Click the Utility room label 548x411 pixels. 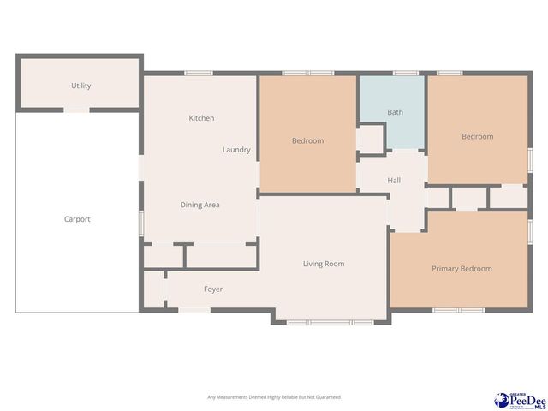coord(80,86)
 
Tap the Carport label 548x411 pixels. coord(77,219)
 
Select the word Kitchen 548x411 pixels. coord(201,118)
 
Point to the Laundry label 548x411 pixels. coord(236,150)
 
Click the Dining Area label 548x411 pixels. coord(200,205)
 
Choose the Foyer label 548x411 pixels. coord(213,289)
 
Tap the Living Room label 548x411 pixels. coord(324,264)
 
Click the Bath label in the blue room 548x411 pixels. coord(395,112)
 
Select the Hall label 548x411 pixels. coord(394,181)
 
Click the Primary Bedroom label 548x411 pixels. coord(462,269)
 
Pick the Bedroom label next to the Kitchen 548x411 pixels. coord(307,140)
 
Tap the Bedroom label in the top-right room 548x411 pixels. coord(477,137)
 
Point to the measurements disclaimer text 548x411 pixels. coord(274,397)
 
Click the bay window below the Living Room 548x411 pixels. coord(330,323)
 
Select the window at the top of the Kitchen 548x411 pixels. coord(200,74)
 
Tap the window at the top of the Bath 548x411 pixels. coord(405,74)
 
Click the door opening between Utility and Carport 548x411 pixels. coord(77,110)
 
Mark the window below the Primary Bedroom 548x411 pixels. coord(459,310)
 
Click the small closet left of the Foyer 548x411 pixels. coord(153,290)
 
